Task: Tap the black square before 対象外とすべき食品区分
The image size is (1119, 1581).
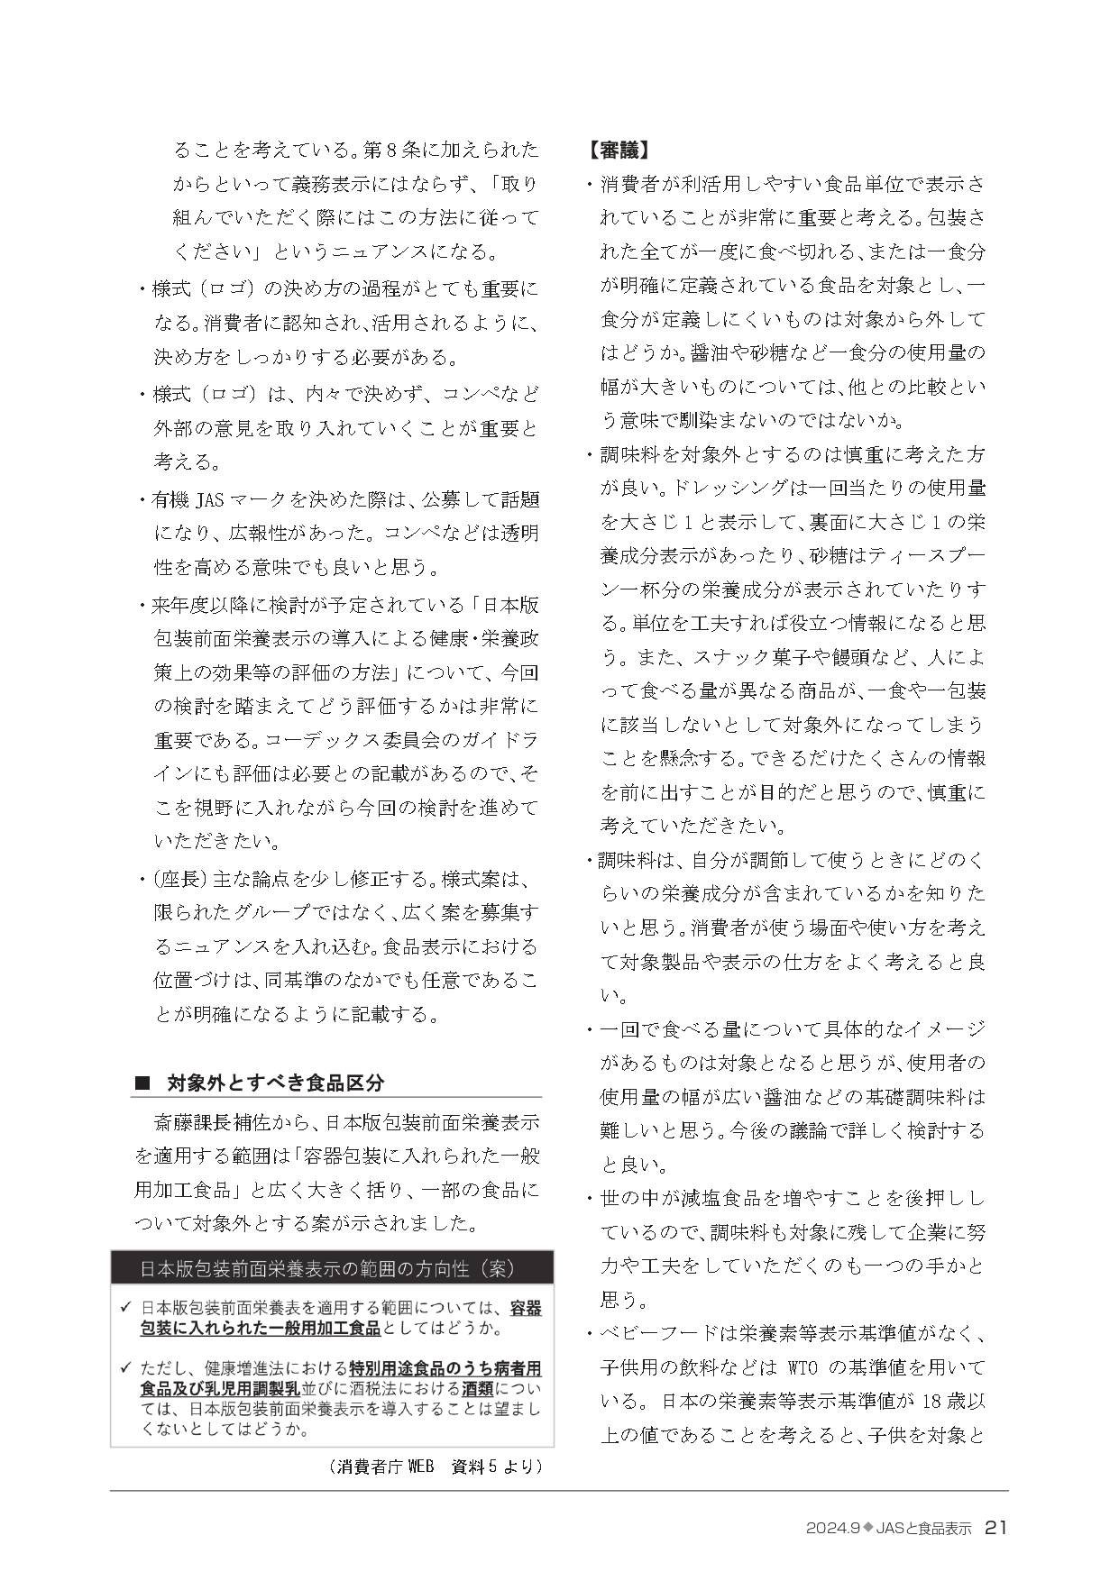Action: (x=142, y=1082)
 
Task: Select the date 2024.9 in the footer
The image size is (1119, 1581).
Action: (x=832, y=1528)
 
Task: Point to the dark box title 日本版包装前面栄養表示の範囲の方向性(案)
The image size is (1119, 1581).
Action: (x=326, y=1268)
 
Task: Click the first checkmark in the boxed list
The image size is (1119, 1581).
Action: (x=124, y=1307)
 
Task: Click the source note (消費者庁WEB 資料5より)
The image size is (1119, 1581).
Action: (x=436, y=1467)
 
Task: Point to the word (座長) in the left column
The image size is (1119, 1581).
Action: (x=179, y=878)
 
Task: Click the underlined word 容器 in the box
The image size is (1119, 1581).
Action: (x=526, y=1307)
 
